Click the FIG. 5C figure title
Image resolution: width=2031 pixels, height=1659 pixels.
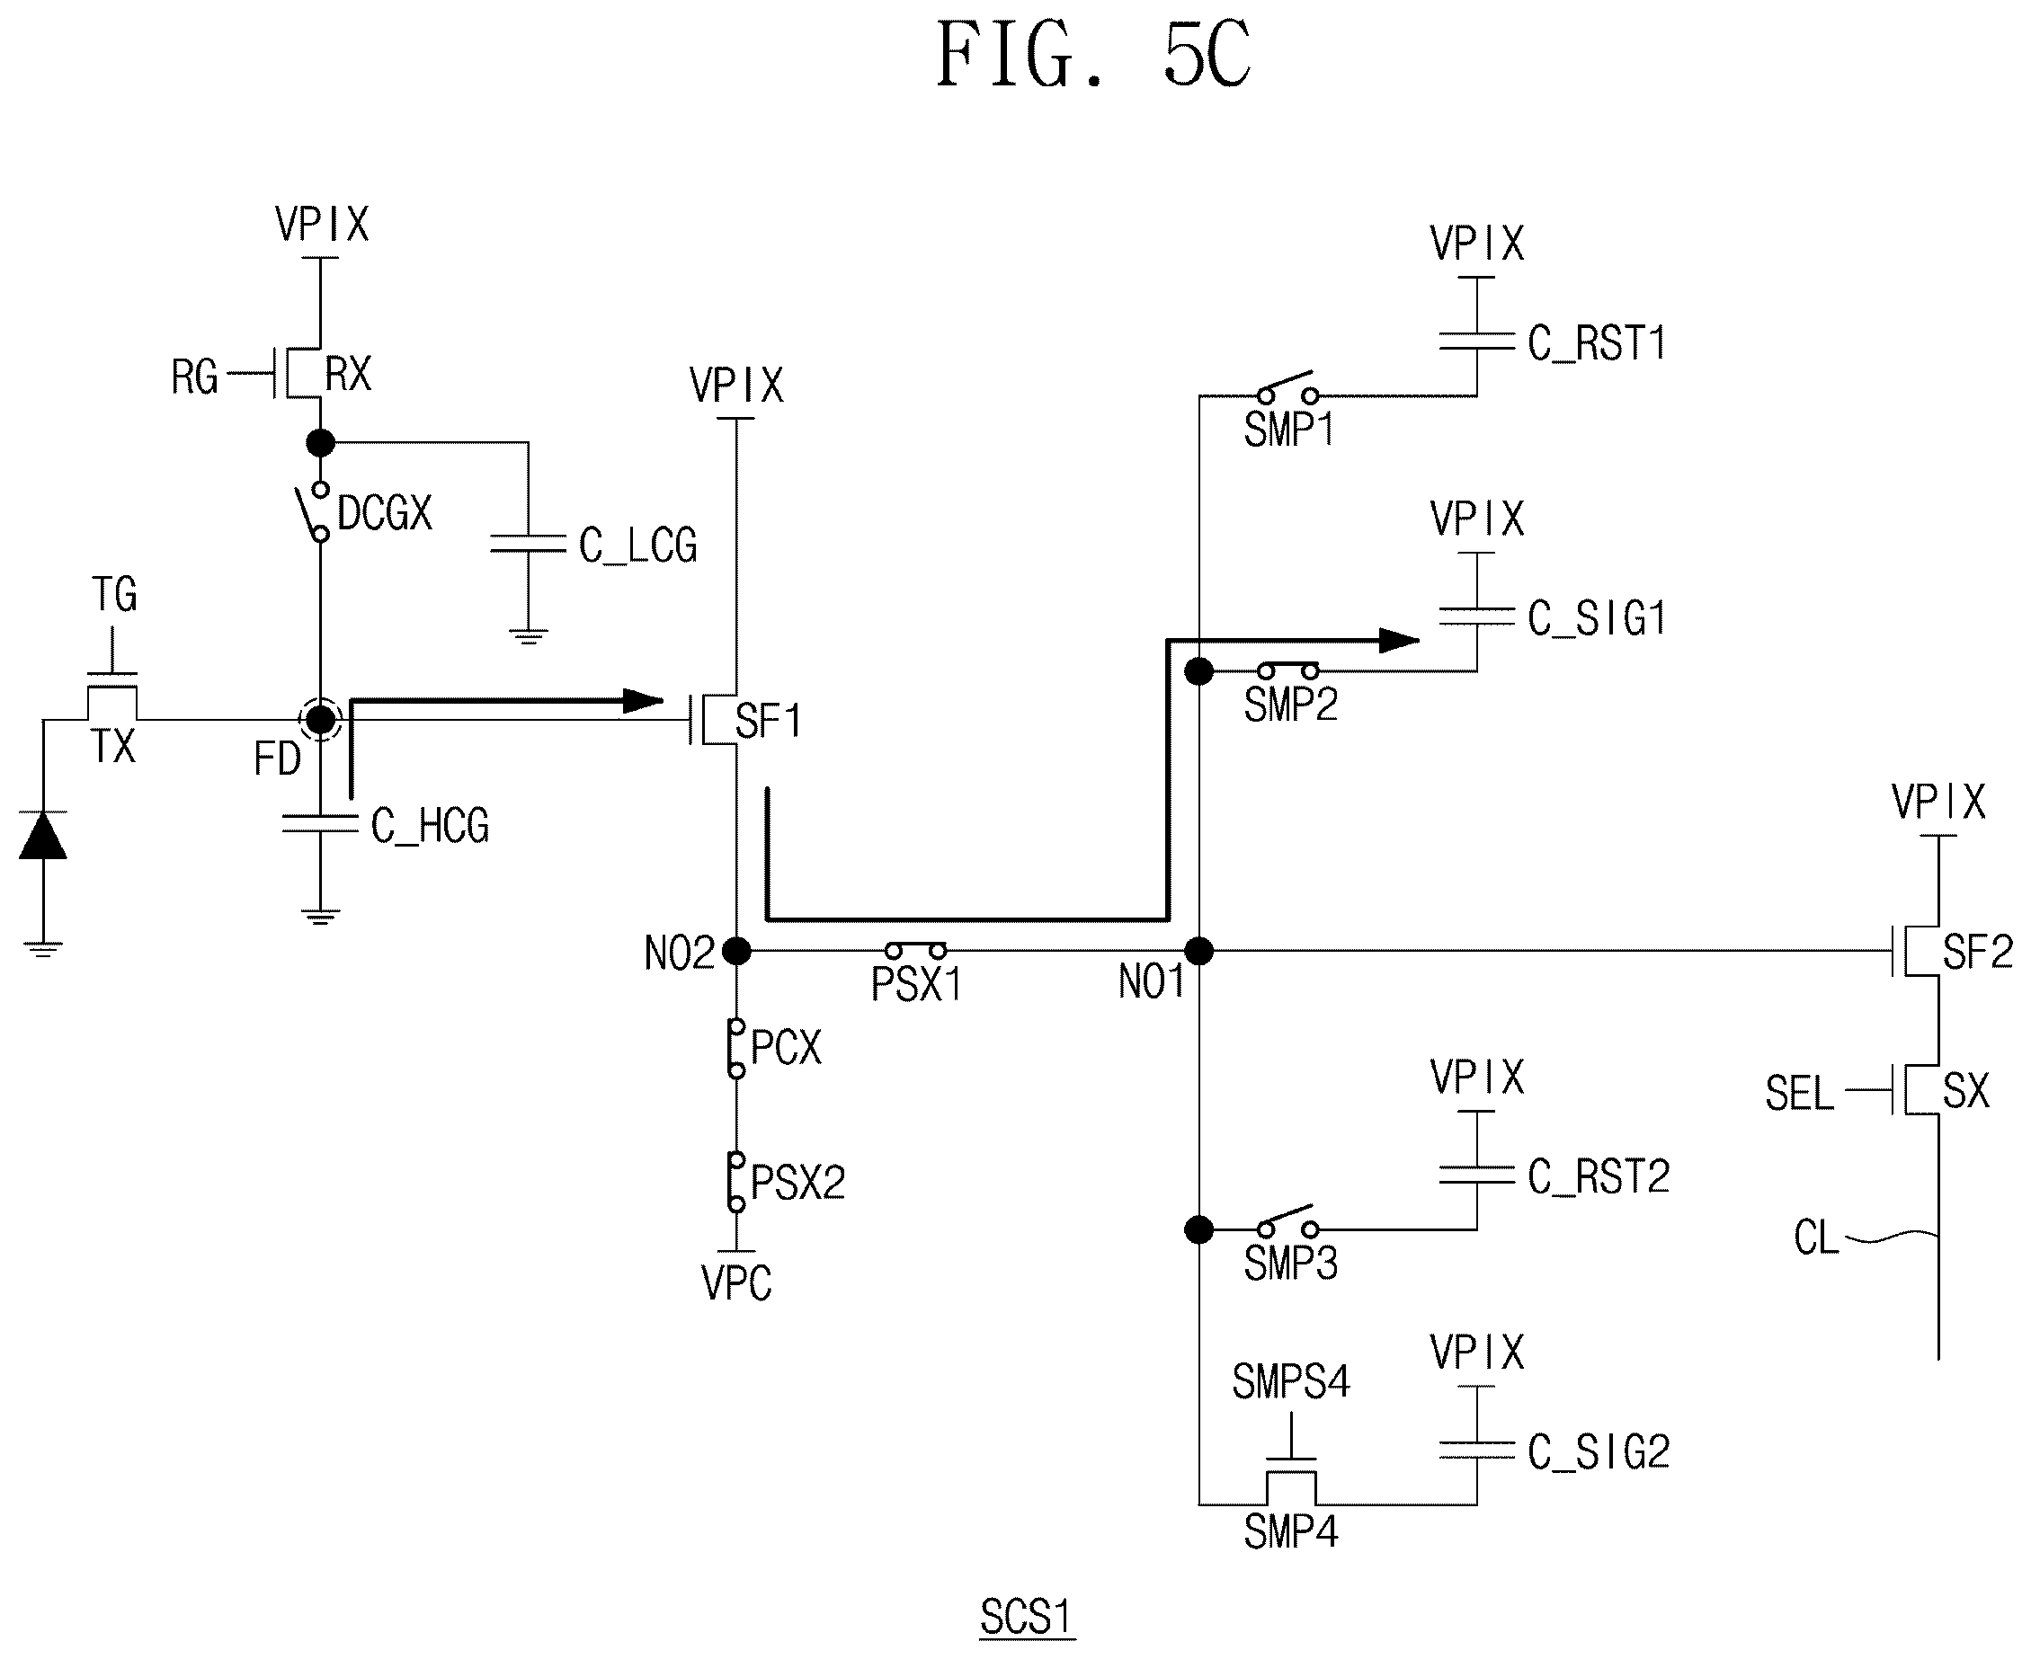coord(1092,56)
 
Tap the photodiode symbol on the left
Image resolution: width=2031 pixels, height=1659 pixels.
coord(43,835)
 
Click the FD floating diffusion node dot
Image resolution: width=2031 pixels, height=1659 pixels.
coord(320,720)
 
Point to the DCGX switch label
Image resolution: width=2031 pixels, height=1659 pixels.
coord(385,513)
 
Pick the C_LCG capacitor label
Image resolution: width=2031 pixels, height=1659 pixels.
coord(637,546)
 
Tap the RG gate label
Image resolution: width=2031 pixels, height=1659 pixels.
coord(195,377)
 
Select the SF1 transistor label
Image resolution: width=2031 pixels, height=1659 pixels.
coord(769,722)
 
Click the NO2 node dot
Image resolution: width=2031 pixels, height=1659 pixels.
coord(736,951)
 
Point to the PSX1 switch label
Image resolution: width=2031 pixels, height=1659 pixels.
coord(915,984)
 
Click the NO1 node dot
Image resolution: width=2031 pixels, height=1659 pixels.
coord(1198,951)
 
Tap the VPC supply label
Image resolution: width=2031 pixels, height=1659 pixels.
coord(736,1283)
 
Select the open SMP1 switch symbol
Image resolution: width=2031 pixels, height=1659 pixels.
coord(1288,387)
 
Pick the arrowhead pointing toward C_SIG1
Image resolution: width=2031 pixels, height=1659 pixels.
coord(1400,640)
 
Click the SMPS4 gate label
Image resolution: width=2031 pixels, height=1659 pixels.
coord(1291,1382)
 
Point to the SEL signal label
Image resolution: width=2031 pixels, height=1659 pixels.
coord(1800,1093)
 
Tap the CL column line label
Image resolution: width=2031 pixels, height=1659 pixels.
coord(1817,1238)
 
